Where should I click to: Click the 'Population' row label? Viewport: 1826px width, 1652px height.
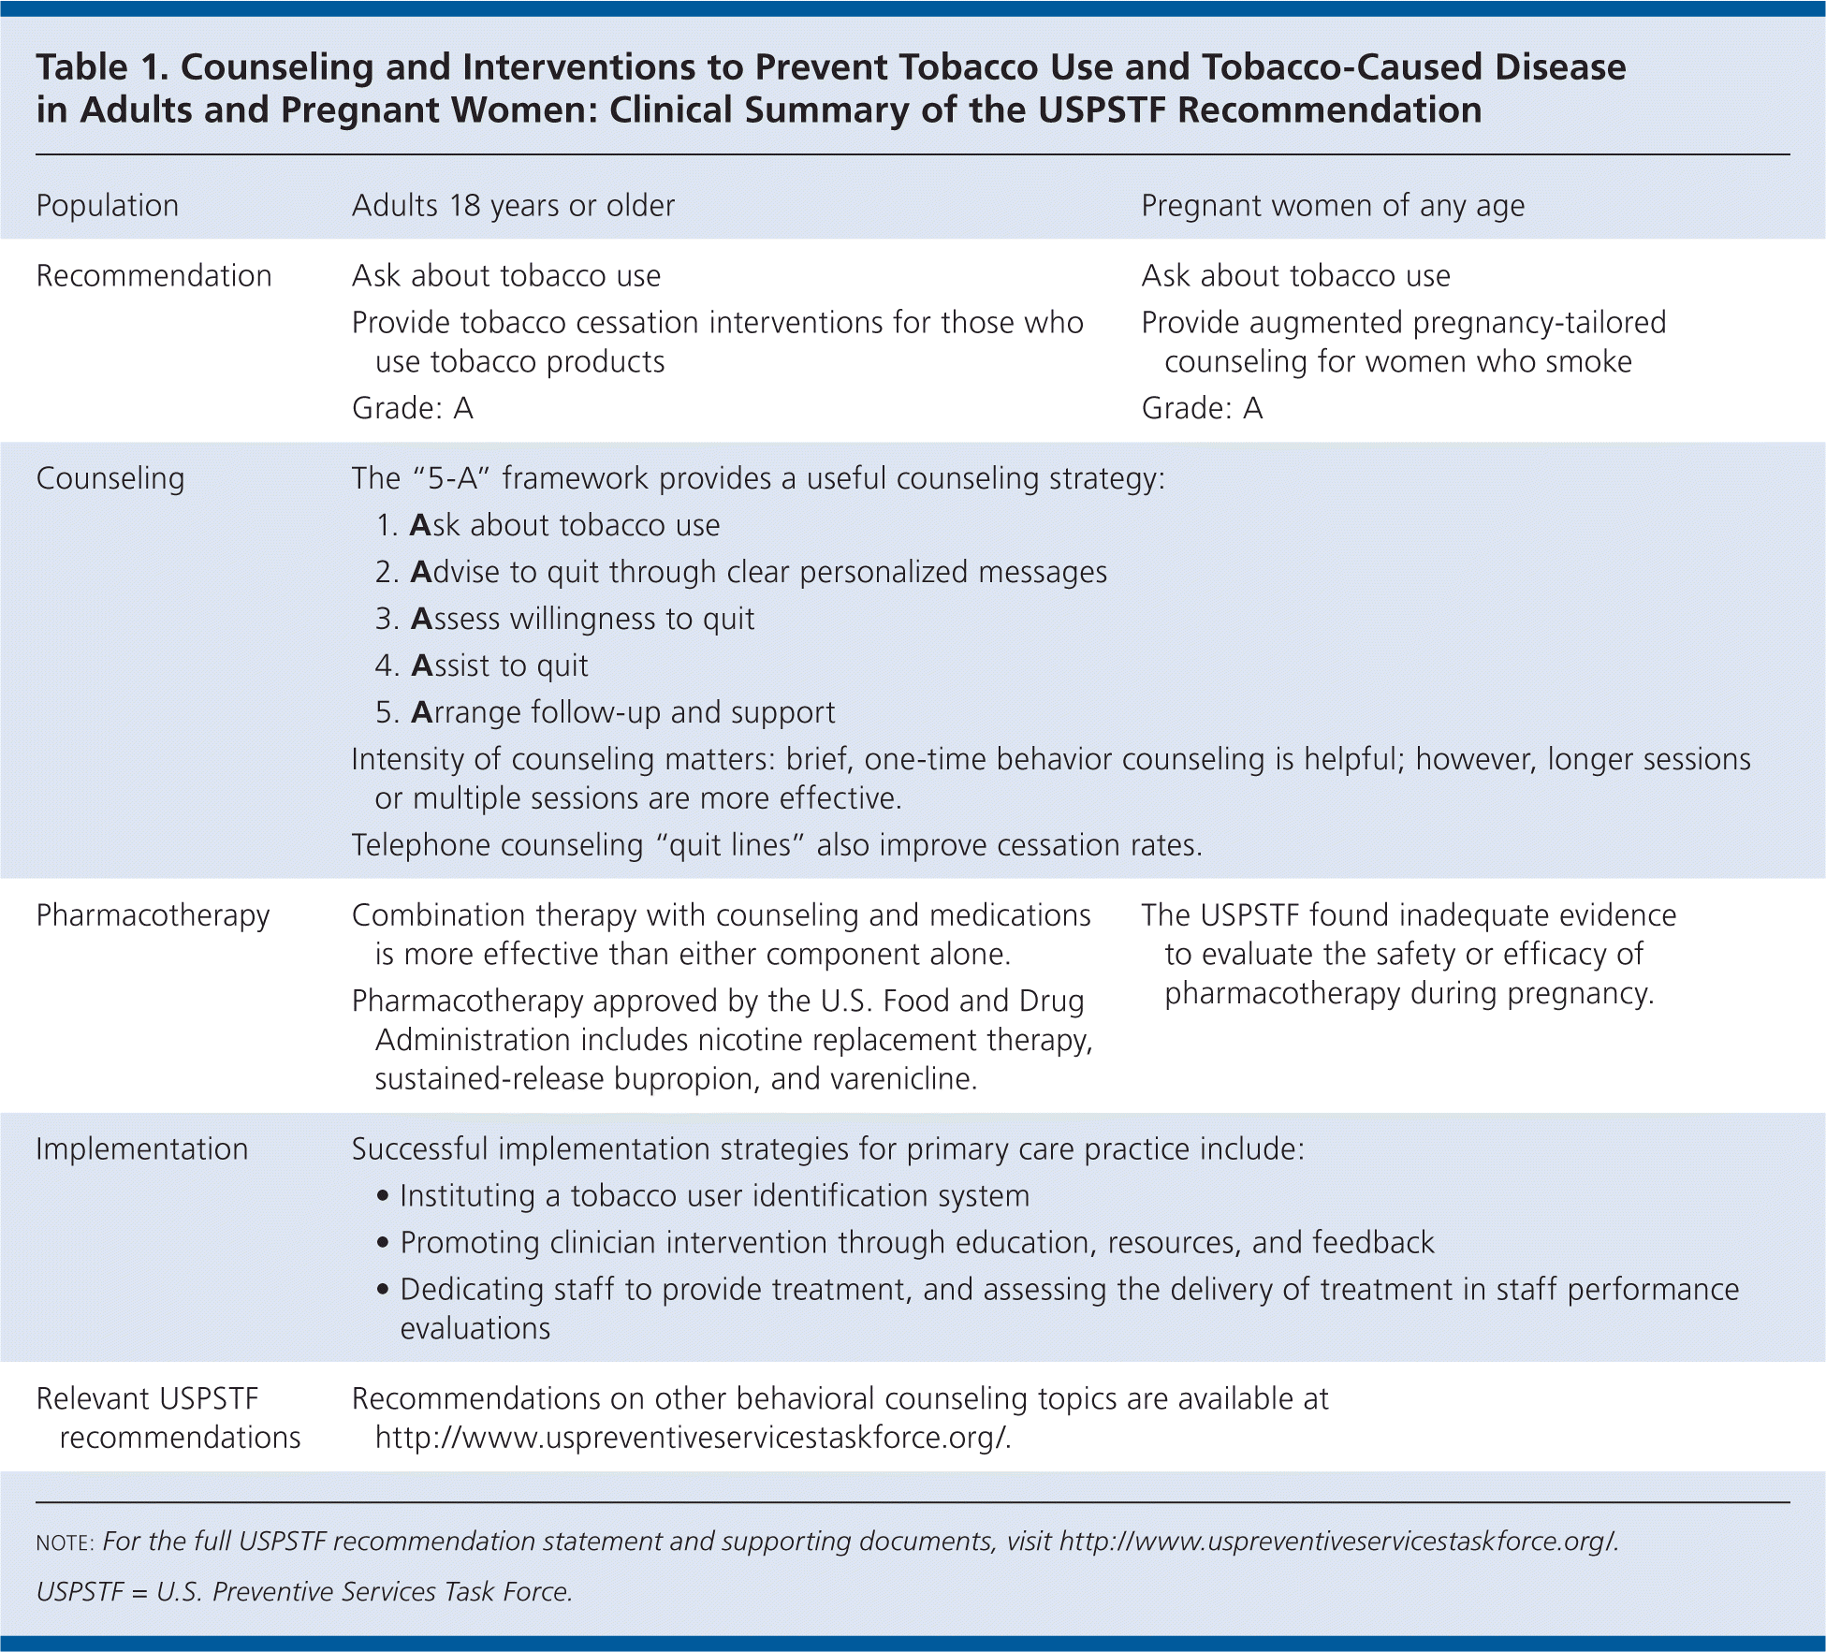(x=107, y=206)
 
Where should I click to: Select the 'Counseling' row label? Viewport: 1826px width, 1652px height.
(x=110, y=478)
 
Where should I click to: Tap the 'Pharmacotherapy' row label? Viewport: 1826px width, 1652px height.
(x=153, y=915)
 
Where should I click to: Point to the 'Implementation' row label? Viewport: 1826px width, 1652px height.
(x=142, y=1149)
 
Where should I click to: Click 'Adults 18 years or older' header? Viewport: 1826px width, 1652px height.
(x=513, y=206)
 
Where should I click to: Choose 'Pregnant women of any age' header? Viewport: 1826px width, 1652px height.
(x=1332, y=206)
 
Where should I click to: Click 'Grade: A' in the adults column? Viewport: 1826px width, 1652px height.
(x=412, y=408)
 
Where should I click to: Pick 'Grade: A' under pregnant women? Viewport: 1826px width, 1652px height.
(x=1202, y=408)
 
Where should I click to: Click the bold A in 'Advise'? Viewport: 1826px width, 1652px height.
(x=421, y=572)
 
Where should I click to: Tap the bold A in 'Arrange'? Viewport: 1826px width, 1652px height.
(x=421, y=712)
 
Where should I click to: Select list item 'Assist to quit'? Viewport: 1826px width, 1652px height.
(x=499, y=665)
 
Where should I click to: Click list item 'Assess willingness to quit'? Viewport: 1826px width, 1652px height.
(x=582, y=619)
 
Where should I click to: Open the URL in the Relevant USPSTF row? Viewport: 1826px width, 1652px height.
(x=693, y=1438)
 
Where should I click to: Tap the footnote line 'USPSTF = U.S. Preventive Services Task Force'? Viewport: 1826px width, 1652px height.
(x=304, y=1591)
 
